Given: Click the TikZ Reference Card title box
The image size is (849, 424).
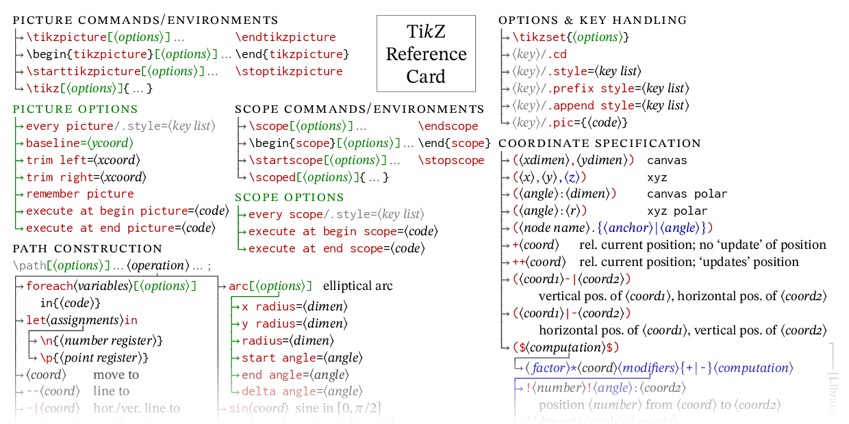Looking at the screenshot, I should (x=426, y=53).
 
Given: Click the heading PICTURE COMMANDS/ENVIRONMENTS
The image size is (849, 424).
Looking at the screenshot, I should (x=146, y=21).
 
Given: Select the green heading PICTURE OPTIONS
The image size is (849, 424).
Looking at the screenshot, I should (x=75, y=109).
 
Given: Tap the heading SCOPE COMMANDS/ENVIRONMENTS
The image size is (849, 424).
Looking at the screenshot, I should (x=359, y=109).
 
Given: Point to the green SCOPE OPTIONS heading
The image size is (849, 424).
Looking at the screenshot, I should (x=290, y=198).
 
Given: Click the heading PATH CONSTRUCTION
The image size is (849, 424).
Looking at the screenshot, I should (x=88, y=249).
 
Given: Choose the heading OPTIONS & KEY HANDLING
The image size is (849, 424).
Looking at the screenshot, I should (x=593, y=21).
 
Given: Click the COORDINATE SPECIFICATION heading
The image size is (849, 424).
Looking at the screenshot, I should (x=600, y=144).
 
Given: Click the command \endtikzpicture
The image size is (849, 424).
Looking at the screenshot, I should (x=286, y=37).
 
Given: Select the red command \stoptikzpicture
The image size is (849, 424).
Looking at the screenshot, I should (x=289, y=71).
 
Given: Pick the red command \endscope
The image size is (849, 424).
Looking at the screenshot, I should (x=448, y=126).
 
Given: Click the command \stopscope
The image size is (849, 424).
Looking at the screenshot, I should (x=451, y=160).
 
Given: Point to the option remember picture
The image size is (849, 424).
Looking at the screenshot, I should (x=80, y=194).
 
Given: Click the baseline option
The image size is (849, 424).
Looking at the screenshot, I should (x=53, y=143).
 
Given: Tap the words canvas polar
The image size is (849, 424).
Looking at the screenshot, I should (x=687, y=194).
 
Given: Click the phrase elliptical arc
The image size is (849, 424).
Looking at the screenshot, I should (x=358, y=286).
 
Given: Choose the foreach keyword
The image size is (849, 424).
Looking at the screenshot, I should (x=49, y=286).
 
